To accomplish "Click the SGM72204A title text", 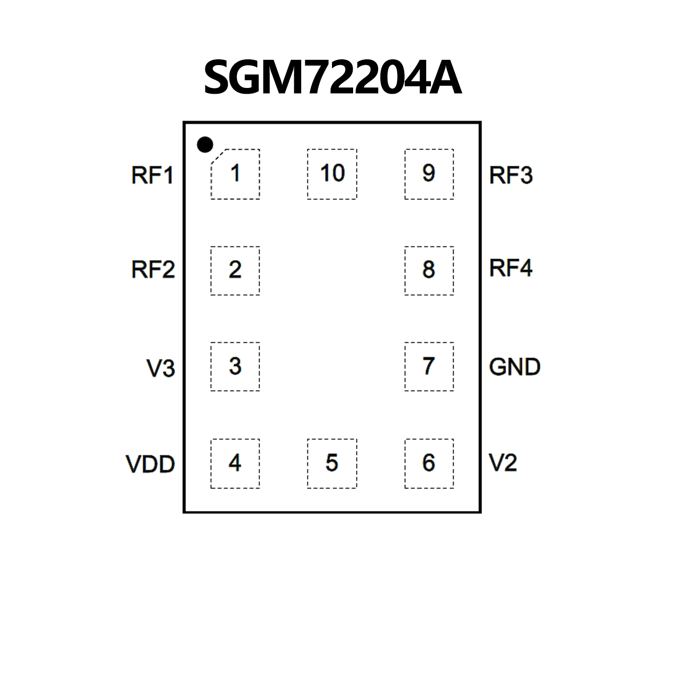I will click(332, 78).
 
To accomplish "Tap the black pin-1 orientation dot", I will click(205, 144).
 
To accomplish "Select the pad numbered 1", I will click(235, 174).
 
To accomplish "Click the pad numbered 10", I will click(332, 174).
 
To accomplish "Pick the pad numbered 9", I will click(429, 174).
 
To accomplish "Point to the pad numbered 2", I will click(235, 270).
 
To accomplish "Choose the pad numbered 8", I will click(429, 270).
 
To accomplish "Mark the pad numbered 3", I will click(235, 366).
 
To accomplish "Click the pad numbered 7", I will click(429, 366).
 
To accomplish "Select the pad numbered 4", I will click(235, 463).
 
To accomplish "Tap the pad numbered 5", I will click(332, 463).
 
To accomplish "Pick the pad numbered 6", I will click(429, 463).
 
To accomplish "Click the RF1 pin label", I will click(152, 175).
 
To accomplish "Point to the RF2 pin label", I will click(153, 270).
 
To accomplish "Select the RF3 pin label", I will click(511, 175).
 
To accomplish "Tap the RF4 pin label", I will click(511, 268).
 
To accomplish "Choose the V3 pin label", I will click(161, 368).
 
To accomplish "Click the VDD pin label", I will click(150, 464).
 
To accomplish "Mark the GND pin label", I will click(514, 367).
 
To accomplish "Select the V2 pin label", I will click(503, 463).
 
